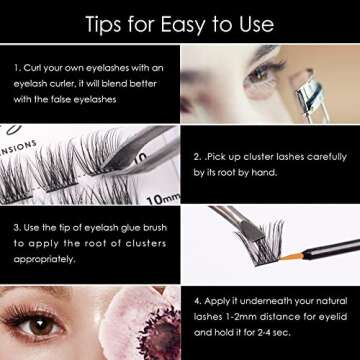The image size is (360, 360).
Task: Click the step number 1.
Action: tap(17, 67)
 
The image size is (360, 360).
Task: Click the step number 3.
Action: tap(17, 227)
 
